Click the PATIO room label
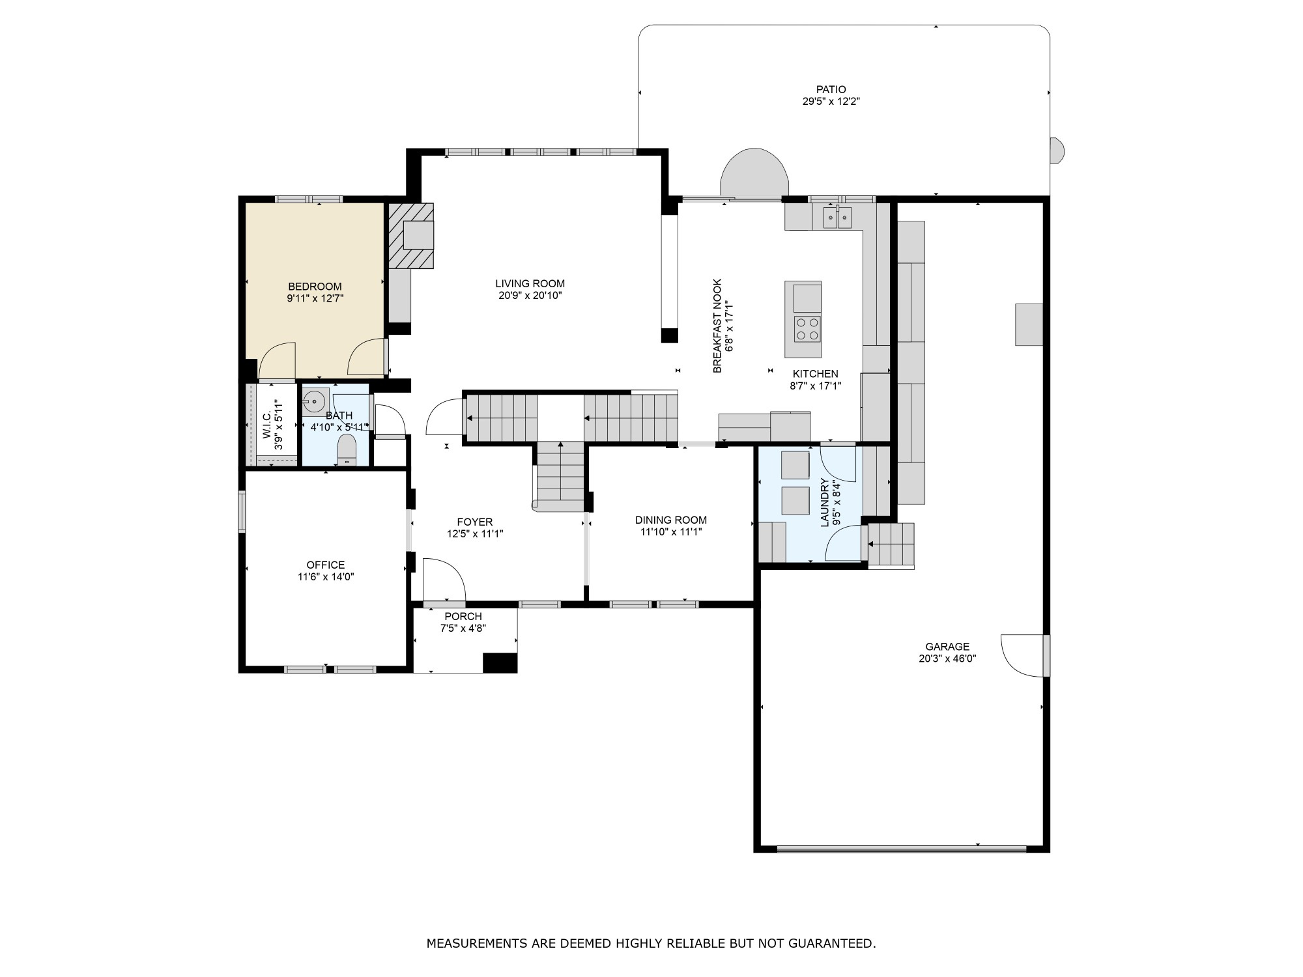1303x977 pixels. pos(831,89)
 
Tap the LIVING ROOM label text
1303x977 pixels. pos(530,283)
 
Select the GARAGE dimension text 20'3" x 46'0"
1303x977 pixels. pos(947,658)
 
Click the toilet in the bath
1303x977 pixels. pos(347,450)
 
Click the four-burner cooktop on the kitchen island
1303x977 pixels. pos(807,328)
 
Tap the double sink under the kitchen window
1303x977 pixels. pos(837,217)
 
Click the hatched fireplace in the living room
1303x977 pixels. pos(411,236)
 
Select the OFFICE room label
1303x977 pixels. pos(326,565)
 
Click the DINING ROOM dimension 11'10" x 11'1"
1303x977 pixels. pos(671,531)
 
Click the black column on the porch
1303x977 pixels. pos(500,662)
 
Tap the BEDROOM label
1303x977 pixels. pos(315,287)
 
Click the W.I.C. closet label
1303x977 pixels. pos(267,425)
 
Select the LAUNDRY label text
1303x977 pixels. pos(824,502)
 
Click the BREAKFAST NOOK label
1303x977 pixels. pos(717,326)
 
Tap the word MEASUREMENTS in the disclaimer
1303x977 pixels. pos(477,942)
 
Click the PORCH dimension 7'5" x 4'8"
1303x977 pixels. pos(463,628)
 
